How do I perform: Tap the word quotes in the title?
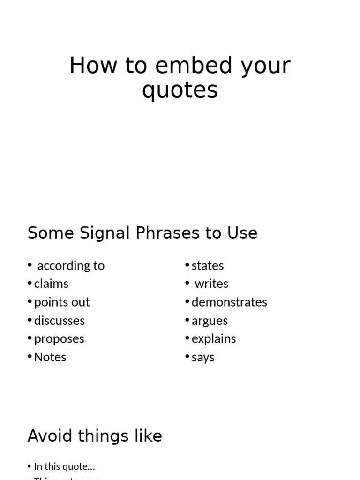[180, 90]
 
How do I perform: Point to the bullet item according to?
[71, 266]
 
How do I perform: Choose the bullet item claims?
[51, 284]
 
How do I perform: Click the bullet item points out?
[62, 302]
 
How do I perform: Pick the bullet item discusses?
[60, 321]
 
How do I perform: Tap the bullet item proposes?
[59, 339]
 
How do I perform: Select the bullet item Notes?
[50, 357]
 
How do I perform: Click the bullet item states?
[208, 266]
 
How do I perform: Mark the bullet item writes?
[211, 284]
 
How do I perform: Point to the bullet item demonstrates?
[229, 302]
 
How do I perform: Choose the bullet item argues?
[210, 321]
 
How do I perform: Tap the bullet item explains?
[214, 339]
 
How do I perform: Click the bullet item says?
[203, 358]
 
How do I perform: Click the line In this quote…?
[65, 467]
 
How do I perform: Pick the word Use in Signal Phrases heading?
[242, 233]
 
